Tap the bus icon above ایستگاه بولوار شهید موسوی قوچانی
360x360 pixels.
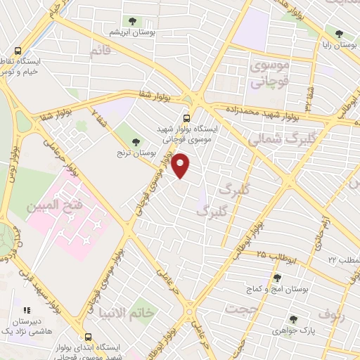point(186,119)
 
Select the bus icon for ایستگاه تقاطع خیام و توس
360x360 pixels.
point(18,51)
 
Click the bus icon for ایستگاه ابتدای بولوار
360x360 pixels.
point(88,337)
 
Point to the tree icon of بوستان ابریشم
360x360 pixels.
point(131,20)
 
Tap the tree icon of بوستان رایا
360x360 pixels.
point(339,33)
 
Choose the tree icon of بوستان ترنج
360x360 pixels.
point(135,141)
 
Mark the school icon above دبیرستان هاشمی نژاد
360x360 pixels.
point(27,309)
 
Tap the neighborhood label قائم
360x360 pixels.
point(101,51)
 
